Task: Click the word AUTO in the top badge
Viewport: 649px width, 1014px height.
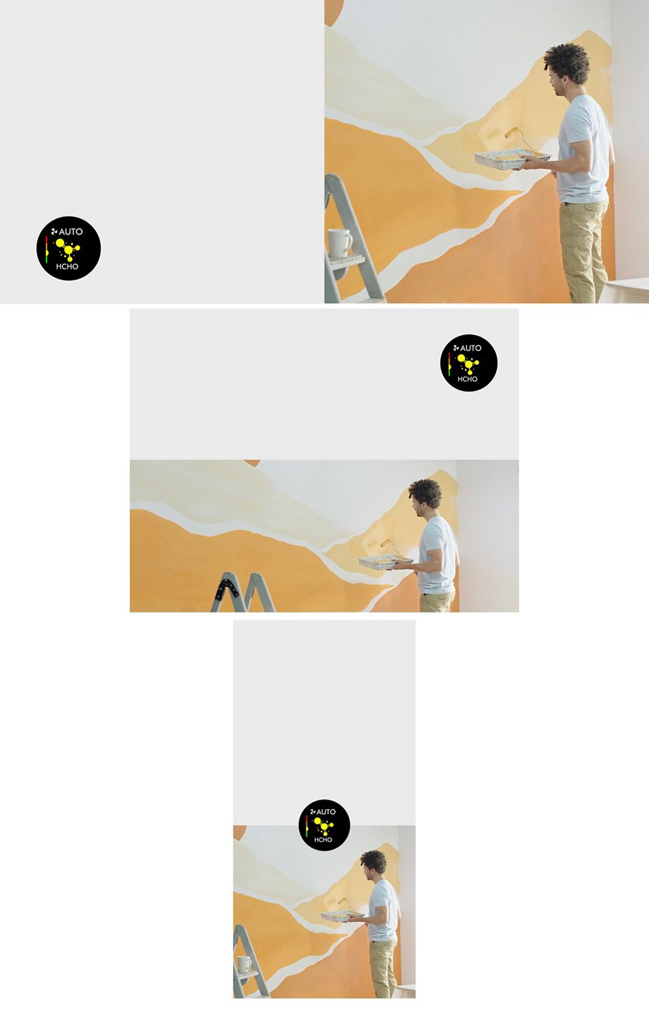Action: tap(70, 232)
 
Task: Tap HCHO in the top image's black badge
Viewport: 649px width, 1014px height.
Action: tap(67, 266)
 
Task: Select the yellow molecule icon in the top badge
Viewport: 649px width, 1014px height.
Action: tap(68, 249)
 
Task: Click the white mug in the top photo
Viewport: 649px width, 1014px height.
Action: tap(339, 243)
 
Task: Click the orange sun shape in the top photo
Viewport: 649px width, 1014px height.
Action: tap(334, 10)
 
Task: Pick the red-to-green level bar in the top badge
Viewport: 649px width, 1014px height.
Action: tap(47, 249)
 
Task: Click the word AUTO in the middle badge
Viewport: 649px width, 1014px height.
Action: tap(470, 348)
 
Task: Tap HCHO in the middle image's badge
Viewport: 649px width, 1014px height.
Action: tap(467, 379)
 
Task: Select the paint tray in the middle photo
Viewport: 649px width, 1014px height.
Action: tap(386, 562)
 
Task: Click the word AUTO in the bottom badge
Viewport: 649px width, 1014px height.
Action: tap(326, 812)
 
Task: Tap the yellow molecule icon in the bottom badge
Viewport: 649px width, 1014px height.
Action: tap(323, 827)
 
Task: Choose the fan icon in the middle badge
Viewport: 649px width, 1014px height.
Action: tap(456, 348)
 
